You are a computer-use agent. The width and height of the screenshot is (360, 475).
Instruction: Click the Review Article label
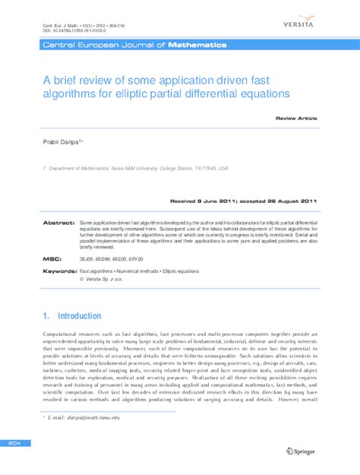pyautogui.click(x=296, y=119)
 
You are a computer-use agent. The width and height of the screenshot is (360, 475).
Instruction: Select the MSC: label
pyautogui.click(x=50, y=259)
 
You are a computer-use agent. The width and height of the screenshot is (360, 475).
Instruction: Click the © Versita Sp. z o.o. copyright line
pyautogui.click(x=107, y=279)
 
